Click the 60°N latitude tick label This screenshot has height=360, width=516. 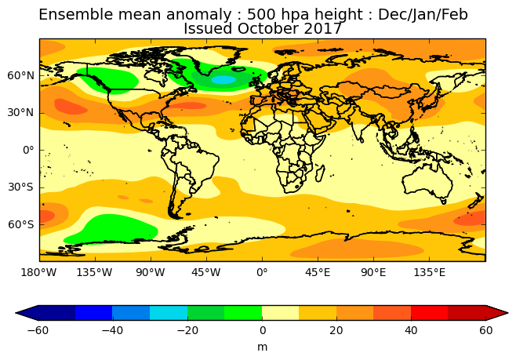[x=20, y=75]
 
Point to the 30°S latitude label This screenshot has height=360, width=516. [x=20, y=187]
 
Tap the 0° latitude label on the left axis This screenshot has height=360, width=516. [x=28, y=151]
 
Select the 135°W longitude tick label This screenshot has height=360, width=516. [x=94, y=272]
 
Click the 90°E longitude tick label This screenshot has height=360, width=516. [x=373, y=272]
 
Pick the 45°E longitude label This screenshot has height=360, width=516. [x=318, y=272]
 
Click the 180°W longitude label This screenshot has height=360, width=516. [x=39, y=272]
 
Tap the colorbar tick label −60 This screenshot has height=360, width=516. [x=38, y=330]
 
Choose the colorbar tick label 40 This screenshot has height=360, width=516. [x=411, y=330]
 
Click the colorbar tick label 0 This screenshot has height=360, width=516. [x=262, y=330]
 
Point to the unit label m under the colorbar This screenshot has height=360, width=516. [x=262, y=347]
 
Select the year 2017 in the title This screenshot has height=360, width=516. [x=323, y=29]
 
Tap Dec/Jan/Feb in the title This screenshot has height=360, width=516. [x=423, y=15]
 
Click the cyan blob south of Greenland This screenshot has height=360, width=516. [x=223, y=80]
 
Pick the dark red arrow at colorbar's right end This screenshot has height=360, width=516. [x=496, y=313]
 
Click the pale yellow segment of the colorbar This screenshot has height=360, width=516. [x=281, y=313]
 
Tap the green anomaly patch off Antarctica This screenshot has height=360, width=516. [x=112, y=229]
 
